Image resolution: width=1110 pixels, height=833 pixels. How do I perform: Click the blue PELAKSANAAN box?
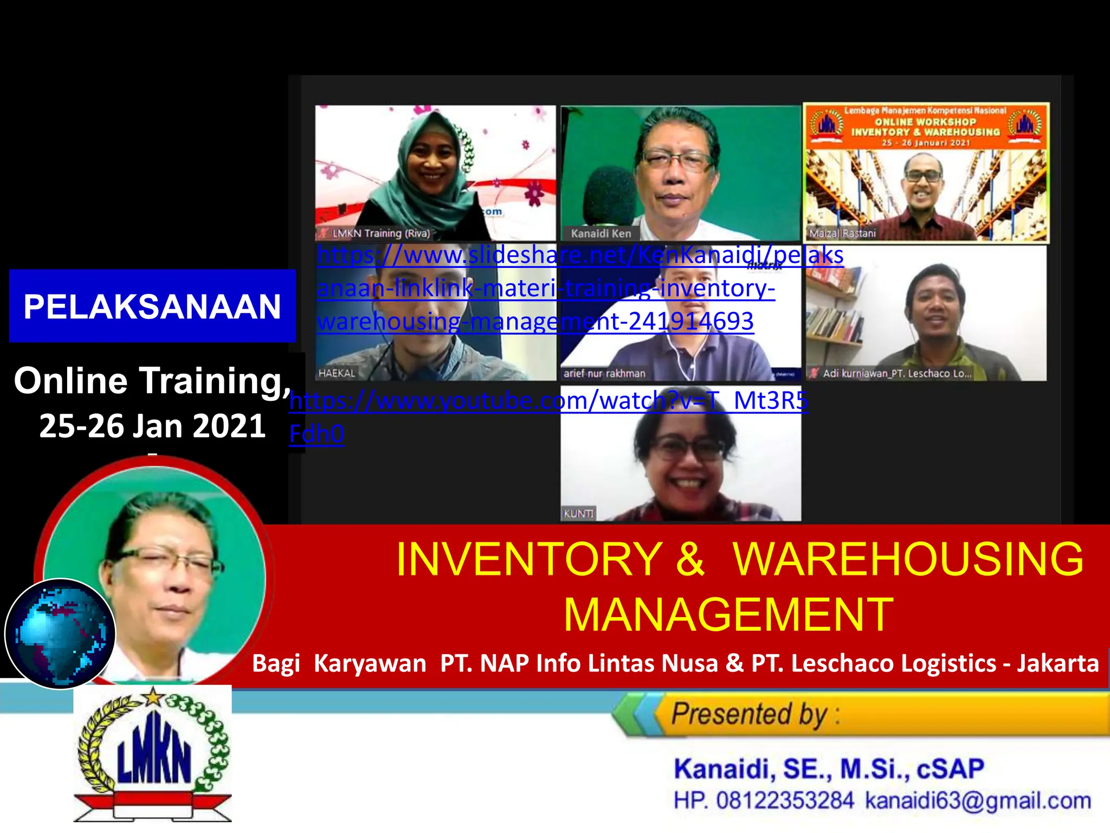(152, 306)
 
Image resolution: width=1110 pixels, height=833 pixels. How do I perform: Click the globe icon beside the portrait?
(60, 633)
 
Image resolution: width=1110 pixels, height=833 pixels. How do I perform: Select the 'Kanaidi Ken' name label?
(601, 234)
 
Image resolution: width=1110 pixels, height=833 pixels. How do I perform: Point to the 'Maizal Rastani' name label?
(842, 234)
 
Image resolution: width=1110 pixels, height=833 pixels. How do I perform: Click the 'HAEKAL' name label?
(337, 373)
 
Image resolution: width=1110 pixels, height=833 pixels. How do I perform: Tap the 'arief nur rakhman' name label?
(604, 373)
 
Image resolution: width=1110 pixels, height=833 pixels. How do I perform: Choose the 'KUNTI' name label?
(578, 513)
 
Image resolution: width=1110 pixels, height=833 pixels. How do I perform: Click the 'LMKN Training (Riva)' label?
(380, 234)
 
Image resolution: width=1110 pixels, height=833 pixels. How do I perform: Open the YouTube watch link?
(548, 401)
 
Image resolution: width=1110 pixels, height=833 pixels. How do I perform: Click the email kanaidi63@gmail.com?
(978, 800)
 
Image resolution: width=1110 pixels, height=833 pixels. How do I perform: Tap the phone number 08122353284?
(785, 800)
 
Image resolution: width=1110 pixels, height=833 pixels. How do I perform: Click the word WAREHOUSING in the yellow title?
(908, 559)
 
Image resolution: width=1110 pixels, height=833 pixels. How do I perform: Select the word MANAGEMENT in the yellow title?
(728, 615)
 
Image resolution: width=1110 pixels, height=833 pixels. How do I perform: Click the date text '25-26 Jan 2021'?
(152, 426)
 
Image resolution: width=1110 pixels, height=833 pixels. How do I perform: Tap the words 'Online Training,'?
(152, 381)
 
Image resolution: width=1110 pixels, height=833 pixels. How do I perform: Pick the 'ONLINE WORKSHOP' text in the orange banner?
(925, 122)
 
